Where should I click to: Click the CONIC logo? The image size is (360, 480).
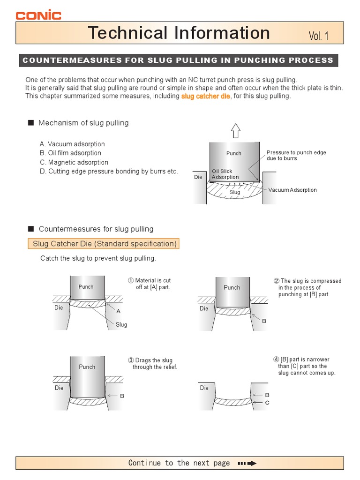(38, 15)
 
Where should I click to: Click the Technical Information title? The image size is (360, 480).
(179, 33)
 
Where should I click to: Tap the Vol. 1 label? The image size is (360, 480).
(319, 36)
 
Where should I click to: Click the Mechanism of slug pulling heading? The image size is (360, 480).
(83, 123)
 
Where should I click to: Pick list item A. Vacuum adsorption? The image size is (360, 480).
(72, 144)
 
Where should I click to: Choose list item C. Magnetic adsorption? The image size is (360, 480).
(74, 162)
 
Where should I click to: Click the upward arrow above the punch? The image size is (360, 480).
(236, 131)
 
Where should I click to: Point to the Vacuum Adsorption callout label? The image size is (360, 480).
(292, 190)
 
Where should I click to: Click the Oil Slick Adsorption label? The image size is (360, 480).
(225, 174)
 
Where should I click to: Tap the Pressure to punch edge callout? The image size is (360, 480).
(296, 156)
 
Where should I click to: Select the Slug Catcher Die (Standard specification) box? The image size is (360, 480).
(105, 244)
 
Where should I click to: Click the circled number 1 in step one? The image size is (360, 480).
(131, 280)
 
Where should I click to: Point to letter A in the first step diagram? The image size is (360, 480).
(118, 311)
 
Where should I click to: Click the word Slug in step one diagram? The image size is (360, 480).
(121, 324)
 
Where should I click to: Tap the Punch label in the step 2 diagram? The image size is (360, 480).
(232, 287)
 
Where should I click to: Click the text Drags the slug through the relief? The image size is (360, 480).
(155, 364)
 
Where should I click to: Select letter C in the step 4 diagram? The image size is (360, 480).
(267, 403)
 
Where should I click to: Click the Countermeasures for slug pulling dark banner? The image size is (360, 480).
(178, 60)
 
